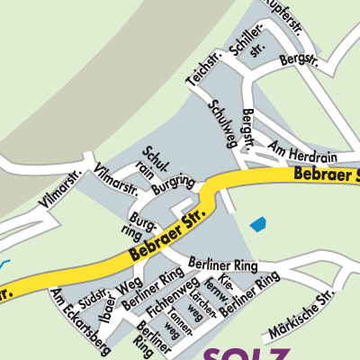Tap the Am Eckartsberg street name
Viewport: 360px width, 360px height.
(81, 322)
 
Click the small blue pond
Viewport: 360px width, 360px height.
(258, 223)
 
